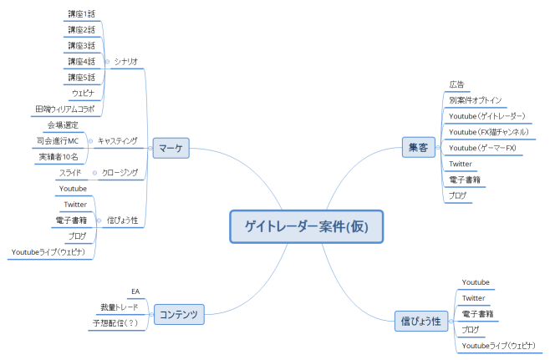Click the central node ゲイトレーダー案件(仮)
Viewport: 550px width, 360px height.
306,226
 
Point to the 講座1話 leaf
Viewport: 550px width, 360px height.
81,14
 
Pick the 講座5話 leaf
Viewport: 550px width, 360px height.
81,77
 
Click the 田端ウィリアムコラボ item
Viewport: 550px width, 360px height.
64,109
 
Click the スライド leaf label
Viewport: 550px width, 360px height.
69,173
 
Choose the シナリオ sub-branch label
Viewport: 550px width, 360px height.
126,61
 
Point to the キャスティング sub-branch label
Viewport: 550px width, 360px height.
118,140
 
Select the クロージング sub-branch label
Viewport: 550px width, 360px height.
120,173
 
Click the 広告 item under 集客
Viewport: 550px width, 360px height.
456,84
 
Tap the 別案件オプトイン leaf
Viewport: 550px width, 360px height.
476,100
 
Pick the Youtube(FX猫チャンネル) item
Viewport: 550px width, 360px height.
489,132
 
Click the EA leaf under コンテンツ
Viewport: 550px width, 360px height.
135,291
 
